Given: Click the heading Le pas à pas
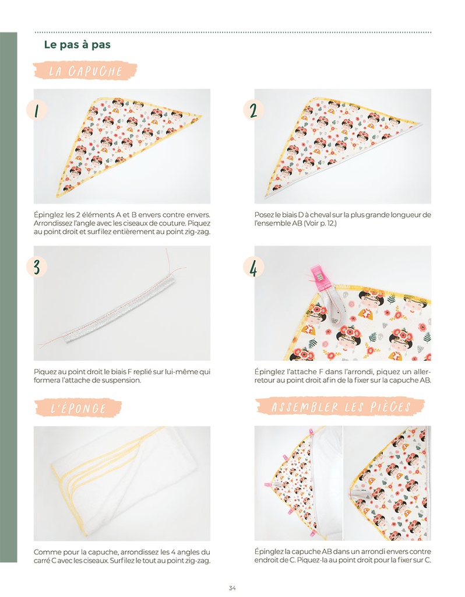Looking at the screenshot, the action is (77, 44).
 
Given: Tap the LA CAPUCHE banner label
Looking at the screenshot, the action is (85, 71).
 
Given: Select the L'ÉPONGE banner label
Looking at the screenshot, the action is (79, 408).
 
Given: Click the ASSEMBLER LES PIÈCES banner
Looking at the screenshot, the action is (340, 406).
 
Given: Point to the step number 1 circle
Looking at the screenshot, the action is (37, 110).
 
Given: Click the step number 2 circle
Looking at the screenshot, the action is (253, 110).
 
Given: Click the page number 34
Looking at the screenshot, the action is (232, 588).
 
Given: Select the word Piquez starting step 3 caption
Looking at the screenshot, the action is (44, 372).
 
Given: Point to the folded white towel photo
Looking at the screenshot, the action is (122, 483).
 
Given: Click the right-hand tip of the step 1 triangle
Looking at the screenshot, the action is (201, 115).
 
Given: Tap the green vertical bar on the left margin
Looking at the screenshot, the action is (8, 297).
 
